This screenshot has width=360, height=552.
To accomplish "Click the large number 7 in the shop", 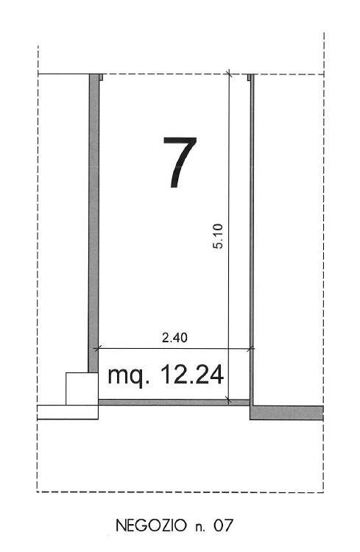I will click(x=180, y=162).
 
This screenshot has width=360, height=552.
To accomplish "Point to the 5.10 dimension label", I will click(x=218, y=238).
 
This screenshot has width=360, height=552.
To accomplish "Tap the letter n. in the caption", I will click(x=200, y=526).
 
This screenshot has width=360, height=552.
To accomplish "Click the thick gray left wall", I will click(x=93, y=221).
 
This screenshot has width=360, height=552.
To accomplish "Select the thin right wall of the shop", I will click(x=251, y=221).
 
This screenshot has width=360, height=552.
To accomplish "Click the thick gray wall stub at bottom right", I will click(x=287, y=412).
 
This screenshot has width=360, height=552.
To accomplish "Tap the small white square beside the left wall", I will click(x=82, y=389).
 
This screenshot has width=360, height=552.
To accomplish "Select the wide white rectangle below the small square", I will click(x=67, y=411).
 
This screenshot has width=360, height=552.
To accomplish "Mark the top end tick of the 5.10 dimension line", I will click(x=229, y=74).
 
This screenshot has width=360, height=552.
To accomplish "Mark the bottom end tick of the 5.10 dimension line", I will click(x=229, y=401).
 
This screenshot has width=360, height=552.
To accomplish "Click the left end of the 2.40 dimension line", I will click(x=99, y=348).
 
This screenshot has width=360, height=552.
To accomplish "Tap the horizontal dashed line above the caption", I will click(x=180, y=492).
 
